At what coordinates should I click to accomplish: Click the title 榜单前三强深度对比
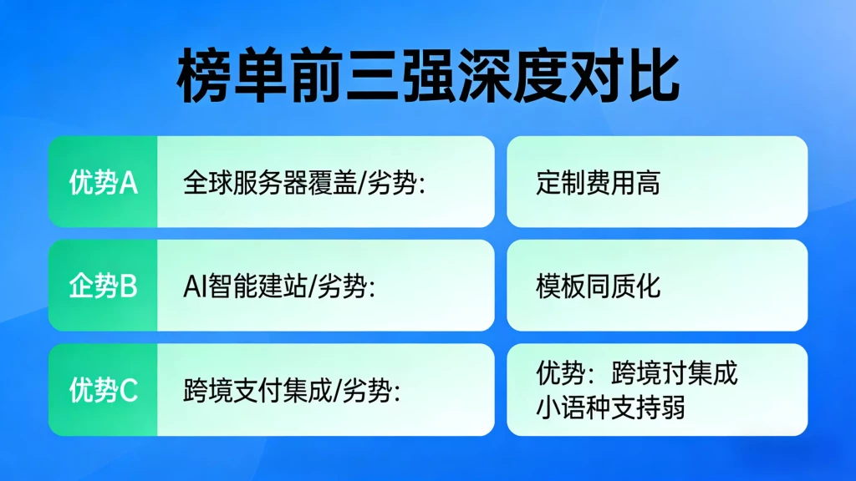point(428,76)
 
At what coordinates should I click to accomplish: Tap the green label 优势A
point(103,183)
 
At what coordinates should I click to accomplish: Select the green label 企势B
point(103,286)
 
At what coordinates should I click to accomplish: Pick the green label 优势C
point(103,390)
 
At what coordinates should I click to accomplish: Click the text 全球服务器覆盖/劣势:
point(304,183)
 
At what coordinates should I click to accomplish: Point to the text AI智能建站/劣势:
point(278,286)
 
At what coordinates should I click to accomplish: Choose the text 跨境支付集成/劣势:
point(291,390)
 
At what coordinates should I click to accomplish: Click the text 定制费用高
point(598,183)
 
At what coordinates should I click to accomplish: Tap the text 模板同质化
point(598,286)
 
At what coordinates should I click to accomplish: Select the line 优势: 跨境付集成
point(637,372)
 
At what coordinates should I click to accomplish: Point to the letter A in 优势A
point(128,183)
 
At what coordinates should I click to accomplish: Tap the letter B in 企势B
point(129,286)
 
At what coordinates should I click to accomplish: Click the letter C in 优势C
point(129,390)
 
